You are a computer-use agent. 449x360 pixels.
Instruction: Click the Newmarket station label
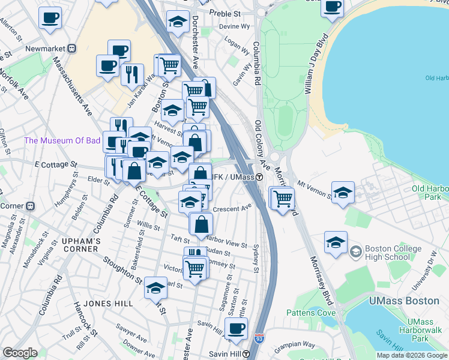46,48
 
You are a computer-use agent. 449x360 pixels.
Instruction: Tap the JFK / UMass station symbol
259,177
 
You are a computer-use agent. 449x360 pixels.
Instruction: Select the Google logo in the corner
20,353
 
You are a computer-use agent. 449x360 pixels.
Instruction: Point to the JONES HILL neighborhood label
108,304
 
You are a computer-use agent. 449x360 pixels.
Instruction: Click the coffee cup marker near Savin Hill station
237,328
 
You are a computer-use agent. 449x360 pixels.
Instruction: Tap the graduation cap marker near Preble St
177,22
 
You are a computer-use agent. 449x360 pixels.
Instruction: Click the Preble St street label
223,13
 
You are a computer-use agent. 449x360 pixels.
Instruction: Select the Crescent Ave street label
232,208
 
